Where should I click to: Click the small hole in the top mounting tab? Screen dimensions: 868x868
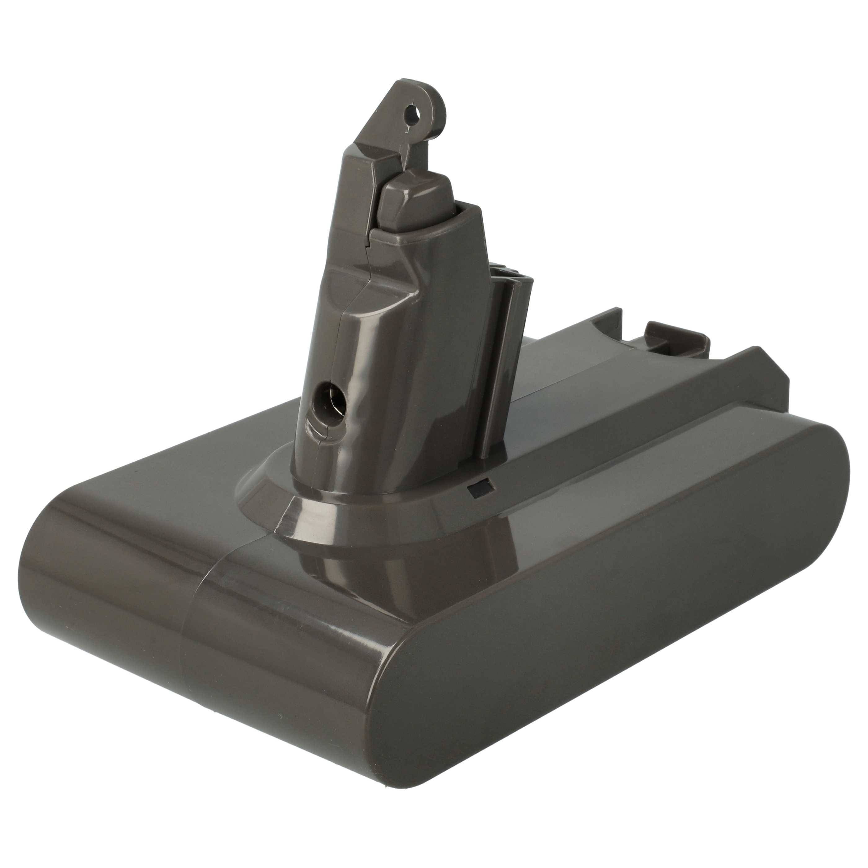(412, 111)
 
